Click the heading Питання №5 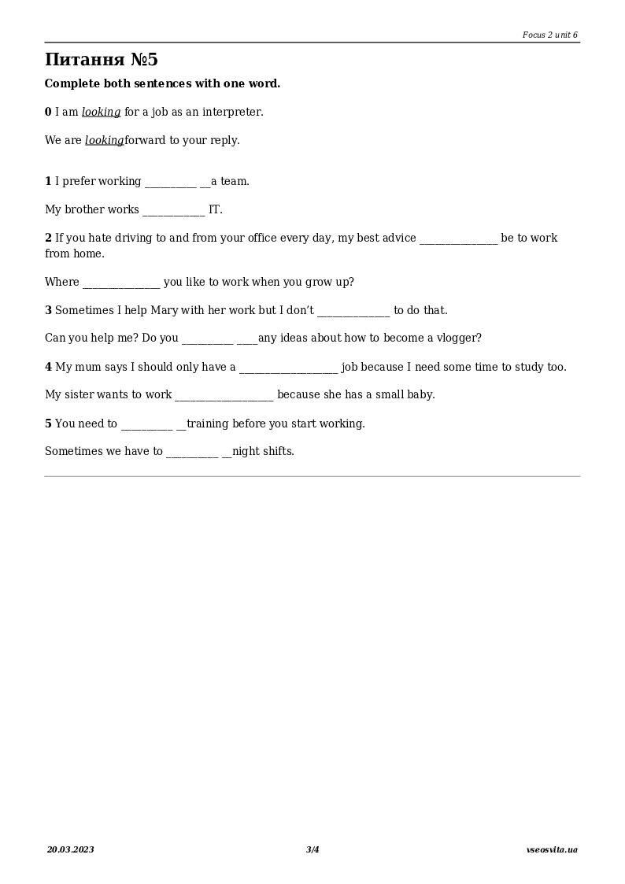tap(102, 60)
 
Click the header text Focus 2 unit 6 tap(549, 35)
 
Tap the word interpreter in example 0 tap(231, 112)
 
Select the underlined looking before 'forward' tap(104, 140)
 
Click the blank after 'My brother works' tap(173, 210)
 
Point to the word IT tap(215, 209)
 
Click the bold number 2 tap(48, 238)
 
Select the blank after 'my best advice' tap(458, 239)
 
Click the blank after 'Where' tap(121, 283)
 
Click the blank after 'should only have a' tap(288, 368)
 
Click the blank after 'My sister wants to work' tap(224, 395)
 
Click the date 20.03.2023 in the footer tap(70, 849)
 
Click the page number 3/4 tap(312, 849)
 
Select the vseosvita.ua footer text tap(552, 849)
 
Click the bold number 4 tap(48, 367)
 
